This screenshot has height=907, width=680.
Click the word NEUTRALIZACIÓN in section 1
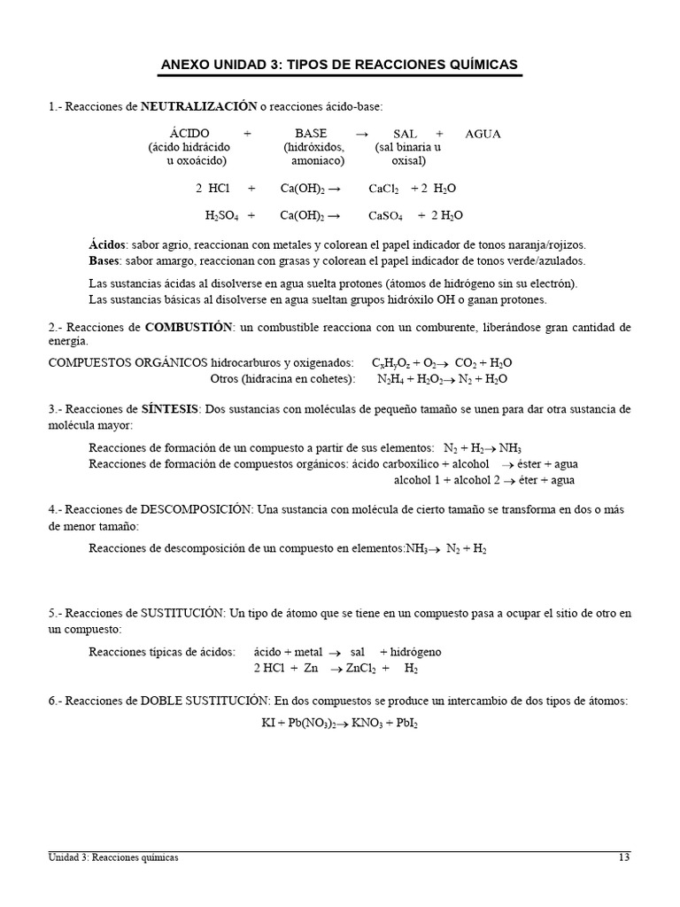click(x=198, y=106)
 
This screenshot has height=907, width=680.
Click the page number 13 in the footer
click(x=624, y=857)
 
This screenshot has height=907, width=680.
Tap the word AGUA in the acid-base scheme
click(x=483, y=134)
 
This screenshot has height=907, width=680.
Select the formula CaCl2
click(x=383, y=189)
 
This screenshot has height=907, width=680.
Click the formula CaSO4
click(x=385, y=215)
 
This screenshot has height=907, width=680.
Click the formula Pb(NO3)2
click(x=317, y=723)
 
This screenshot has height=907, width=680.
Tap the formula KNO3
click(x=367, y=723)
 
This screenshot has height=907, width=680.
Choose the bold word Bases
click(x=104, y=260)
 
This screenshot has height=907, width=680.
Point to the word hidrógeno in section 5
click(x=415, y=652)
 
